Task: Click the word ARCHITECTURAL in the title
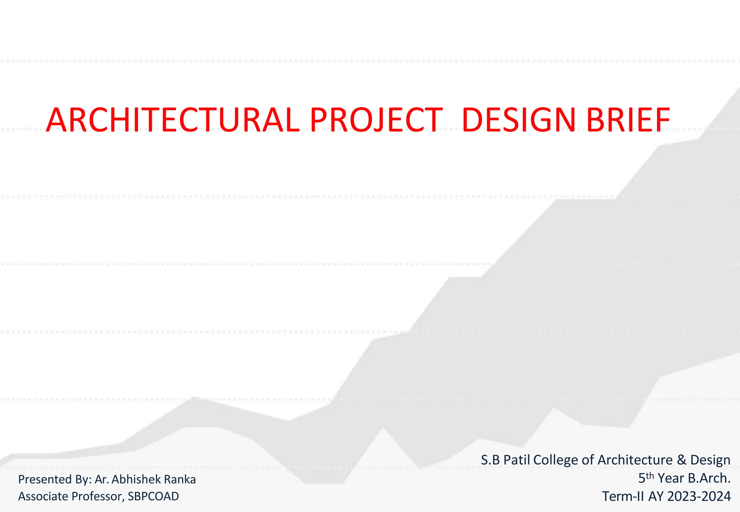173,120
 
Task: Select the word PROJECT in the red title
376,120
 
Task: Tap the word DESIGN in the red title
519,120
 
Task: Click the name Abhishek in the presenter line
136,479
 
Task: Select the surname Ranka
180,479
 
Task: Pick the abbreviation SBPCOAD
153,496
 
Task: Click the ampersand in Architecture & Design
681,460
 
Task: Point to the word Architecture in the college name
635,460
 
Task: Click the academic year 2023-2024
699,496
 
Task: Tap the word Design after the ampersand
710,460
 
